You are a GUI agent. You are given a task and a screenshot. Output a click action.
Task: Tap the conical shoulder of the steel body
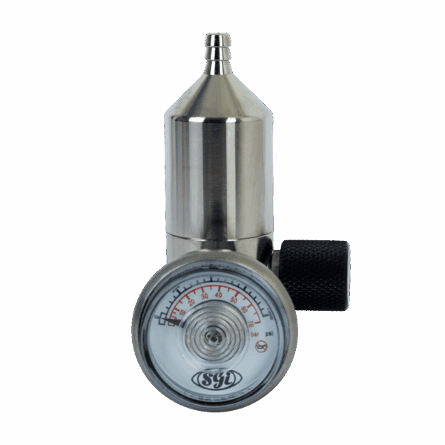pyautogui.click(x=218, y=96)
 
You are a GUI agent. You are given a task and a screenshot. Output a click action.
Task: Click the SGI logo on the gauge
pyautogui.click(x=214, y=378)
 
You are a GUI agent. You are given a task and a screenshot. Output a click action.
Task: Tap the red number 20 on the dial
pyautogui.click(x=192, y=301)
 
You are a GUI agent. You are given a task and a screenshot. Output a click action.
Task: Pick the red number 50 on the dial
pyautogui.click(x=234, y=300)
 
